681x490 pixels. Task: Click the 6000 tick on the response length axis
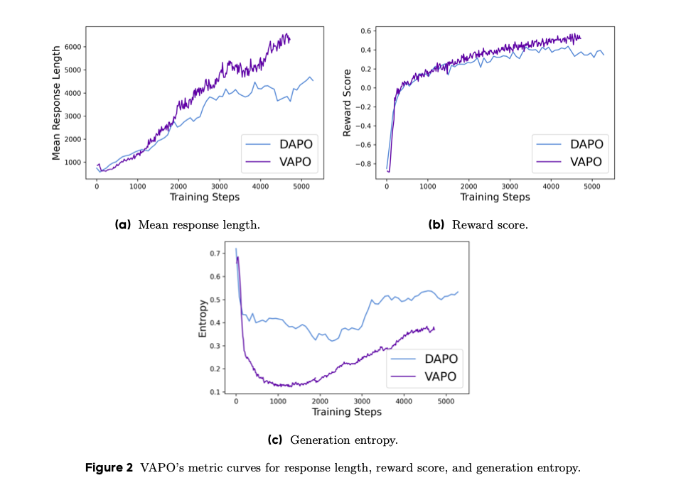point(74,47)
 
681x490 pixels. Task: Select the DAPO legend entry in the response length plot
point(296,144)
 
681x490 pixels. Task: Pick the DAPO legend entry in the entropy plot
point(441,359)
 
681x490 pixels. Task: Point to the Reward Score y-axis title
point(347,103)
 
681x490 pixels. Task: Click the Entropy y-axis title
point(203,318)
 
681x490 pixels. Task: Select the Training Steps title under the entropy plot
point(346,412)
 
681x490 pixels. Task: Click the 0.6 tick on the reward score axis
point(365,31)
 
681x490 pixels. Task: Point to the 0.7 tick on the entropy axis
point(218,254)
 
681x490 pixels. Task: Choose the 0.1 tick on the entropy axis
point(218,392)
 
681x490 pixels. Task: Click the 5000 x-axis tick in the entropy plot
point(446,401)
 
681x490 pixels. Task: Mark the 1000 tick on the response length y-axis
point(74,163)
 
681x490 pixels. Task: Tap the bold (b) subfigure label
point(436,225)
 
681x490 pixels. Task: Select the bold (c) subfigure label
point(274,440)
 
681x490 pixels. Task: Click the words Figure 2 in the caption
point(109,468)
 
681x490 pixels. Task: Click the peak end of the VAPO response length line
point(286,33)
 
